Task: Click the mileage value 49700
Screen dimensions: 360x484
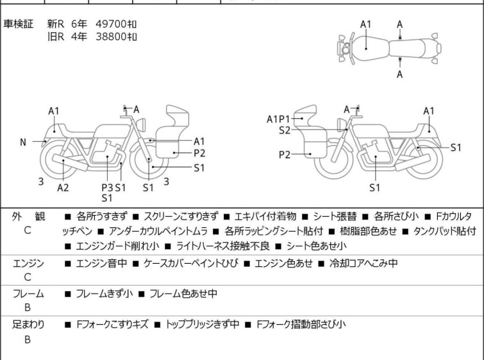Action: click(111, 24)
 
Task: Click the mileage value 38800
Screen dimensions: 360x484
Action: click(111, 37)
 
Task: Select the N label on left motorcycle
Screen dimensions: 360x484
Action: click(23, 142)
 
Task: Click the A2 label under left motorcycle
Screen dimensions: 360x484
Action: click(63, 187)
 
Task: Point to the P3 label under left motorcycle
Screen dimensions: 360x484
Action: click(107, 187)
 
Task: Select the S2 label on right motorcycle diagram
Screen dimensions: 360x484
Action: click(285, 130)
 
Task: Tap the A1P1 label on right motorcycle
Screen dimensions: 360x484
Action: click(279, 119)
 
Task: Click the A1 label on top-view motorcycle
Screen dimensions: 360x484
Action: click(365, 24)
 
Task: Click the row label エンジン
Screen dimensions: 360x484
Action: click(28, 262)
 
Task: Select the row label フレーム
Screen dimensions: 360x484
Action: click(28, 293)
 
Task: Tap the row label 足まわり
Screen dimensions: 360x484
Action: click(28, 324)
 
